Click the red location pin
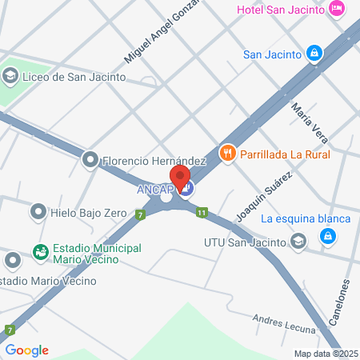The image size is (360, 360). pos(180,176)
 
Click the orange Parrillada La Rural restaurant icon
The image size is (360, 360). pos(228,152)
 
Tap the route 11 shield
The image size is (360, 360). pos(202,213)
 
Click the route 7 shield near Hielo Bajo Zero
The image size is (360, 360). pos(141,214)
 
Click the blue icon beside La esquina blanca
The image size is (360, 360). pos(326,236)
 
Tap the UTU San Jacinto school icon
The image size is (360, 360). pos(298,241)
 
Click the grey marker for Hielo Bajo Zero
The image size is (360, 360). pos(38,212)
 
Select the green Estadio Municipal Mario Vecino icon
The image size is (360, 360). pos(39,252)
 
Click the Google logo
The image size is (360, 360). pos(26,350)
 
